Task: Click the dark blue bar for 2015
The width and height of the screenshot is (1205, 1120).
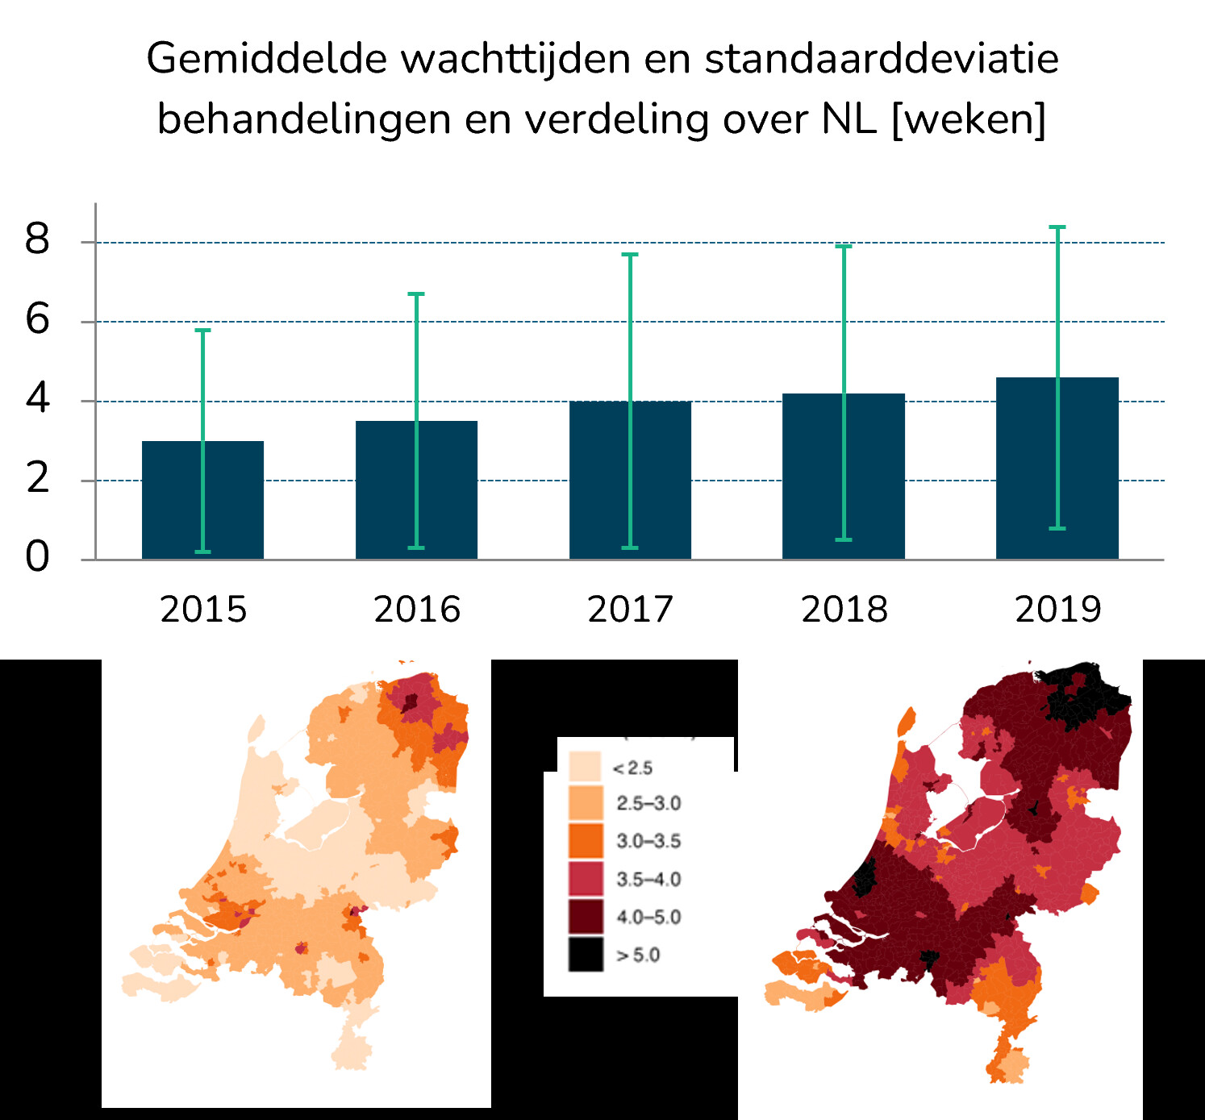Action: [x=173, y=500]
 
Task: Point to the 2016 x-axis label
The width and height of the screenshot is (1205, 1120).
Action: [x=417, y=610]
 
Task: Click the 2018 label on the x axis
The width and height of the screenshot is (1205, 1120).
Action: [x=844, y=610]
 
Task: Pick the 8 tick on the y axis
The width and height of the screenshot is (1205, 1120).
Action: [x=37, y=239]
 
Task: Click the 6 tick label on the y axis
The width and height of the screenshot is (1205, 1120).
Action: [x=37, y=319]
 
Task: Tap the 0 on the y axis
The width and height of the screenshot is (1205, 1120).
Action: [x=37, y=556]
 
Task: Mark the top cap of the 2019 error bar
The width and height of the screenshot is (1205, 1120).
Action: [x=1057, y=227]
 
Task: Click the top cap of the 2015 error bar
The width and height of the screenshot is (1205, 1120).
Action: [x=202, y=330]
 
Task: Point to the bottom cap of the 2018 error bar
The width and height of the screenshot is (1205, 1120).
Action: [x=844, y=539]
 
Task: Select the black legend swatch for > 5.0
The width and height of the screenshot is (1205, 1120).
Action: [x=586, y=954]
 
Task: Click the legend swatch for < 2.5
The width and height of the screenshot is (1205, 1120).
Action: [x=586, y=767]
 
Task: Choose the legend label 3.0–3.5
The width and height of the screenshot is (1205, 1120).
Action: [x=648, y=841]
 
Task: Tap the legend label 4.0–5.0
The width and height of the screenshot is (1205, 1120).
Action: [x=648, y=917]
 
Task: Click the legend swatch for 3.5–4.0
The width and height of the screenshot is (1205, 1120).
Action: [x=586, y=879]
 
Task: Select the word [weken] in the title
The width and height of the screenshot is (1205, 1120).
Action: [x=969, y=119]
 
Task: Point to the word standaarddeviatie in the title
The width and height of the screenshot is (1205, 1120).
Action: [x=882, y=59]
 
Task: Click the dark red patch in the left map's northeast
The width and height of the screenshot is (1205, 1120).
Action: [x=411, y=702]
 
